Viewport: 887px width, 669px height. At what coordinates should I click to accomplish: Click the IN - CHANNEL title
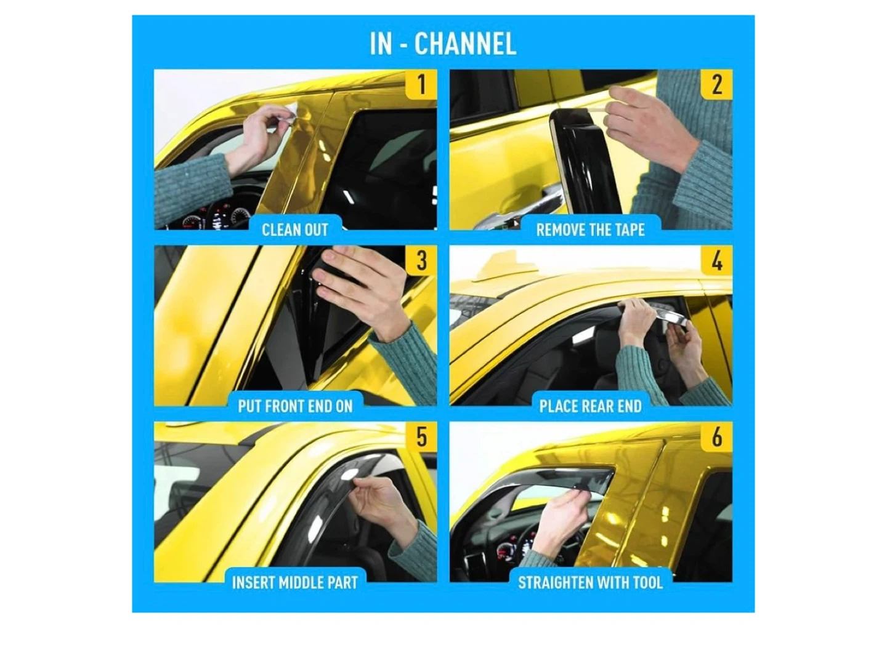(443, 44)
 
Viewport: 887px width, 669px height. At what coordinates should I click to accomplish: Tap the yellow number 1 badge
(421, 84)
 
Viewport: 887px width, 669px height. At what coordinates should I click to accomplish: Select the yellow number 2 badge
(716, 84)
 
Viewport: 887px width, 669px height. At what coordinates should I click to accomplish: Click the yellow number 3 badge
(421, 260)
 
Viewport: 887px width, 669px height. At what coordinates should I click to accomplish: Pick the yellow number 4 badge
(716, 260)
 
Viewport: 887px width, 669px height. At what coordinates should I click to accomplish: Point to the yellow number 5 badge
(421, 437)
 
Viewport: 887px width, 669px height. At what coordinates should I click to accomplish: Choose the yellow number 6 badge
(716, 437)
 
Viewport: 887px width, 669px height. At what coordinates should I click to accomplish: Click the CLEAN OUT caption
(295, 230)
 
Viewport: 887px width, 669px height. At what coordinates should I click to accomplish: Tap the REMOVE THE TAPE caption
(590, 230)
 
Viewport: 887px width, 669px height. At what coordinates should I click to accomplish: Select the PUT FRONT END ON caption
(295, 406)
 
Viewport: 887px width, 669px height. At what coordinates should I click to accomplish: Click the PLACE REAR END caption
(590, 406)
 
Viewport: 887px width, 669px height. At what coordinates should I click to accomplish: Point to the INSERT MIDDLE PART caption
(295, 583)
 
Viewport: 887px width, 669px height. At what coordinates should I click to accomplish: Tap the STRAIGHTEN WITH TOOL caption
(590, 583)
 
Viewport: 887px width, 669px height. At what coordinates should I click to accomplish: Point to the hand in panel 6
(564, 515)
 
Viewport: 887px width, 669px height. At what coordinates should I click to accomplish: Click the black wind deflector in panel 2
(586, 161)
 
